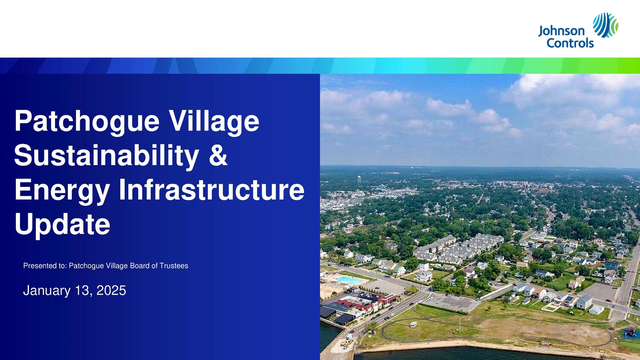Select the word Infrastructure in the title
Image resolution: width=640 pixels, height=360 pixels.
tap(212, 189)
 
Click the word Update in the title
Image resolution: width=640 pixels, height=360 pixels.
tap(62, 225)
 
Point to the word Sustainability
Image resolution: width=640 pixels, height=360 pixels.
tap(107, 157)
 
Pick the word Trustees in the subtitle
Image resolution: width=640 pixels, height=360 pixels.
tap(174, 266)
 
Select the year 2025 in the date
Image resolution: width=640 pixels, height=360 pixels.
tap(111, 290)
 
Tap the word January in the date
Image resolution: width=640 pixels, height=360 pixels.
tap(47, 290)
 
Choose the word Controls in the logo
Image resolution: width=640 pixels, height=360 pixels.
tap(570, 43)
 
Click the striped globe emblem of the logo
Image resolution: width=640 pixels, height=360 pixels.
tap(605, 25)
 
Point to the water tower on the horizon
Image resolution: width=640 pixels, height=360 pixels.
tap(359, 180)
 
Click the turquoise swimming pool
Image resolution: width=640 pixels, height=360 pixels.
tap(349, 280)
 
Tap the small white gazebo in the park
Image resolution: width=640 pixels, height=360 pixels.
tap(413, 324)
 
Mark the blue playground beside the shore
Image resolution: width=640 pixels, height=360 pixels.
tap(630, 333)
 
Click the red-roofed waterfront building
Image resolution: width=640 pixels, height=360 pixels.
tap(369, 301)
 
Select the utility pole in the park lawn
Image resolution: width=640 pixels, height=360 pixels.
tap(460, 326)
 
